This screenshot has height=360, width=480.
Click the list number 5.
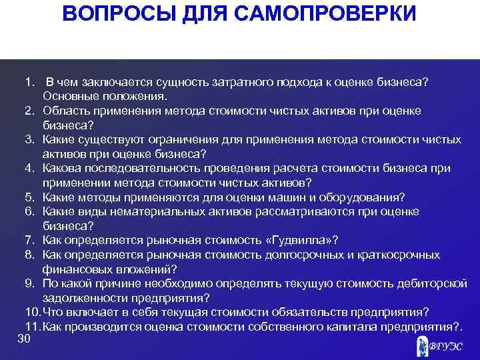(x=29, y=197)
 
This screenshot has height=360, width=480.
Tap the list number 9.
(x=29, y=283)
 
